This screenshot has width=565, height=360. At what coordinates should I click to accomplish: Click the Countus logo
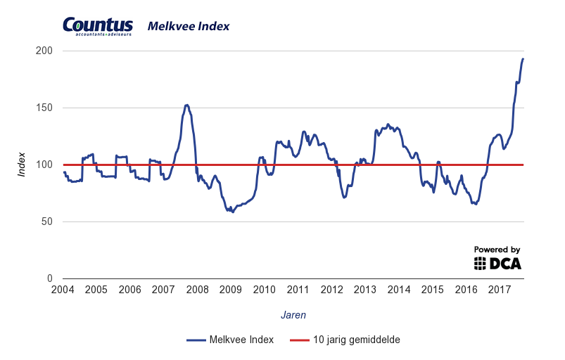click(98, 26)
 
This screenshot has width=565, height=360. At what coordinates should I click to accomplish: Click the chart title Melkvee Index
click(189, 27)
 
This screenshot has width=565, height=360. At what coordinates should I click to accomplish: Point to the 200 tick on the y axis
click(44, 51)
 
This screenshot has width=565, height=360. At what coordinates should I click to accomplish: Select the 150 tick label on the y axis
click(44, 108)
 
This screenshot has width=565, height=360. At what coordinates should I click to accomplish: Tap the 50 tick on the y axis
click(47, 221)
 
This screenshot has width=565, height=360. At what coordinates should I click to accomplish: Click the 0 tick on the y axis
click(50, 278)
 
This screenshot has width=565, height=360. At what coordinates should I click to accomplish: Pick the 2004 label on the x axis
click(63, 290)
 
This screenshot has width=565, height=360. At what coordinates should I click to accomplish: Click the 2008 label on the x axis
click(197, 290)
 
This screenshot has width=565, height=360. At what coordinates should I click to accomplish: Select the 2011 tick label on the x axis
click(298, 290)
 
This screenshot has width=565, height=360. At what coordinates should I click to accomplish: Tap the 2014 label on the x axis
click(399, 290)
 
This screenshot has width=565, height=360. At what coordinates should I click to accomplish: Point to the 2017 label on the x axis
click(500, 290)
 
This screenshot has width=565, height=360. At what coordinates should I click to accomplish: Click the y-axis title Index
click(22, 165)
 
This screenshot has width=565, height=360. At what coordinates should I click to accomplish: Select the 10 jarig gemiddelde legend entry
click(345, 340)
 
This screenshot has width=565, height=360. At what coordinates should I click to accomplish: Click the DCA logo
click(497, 264)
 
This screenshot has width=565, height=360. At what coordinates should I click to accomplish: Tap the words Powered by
click(497, 250)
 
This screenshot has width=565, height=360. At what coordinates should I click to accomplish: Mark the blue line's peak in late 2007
click(186, 105)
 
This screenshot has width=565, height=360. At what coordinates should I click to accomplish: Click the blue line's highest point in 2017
click(523, 58)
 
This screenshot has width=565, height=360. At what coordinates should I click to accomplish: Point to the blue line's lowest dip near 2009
click(233, 212)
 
